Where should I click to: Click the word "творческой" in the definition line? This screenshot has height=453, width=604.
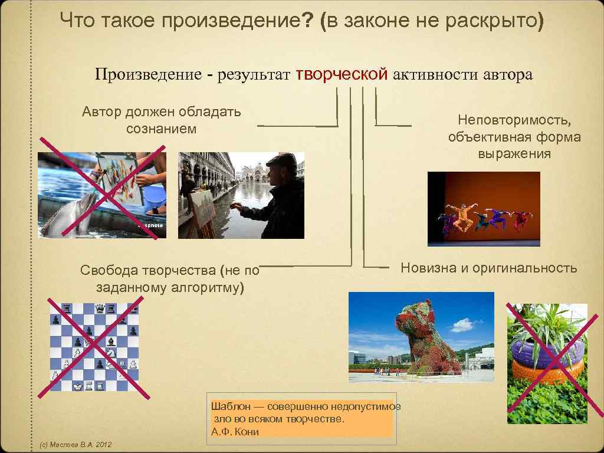pos(342,74)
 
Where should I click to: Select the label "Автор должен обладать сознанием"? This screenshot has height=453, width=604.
pos(161,120)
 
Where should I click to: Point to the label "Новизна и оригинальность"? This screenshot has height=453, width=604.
pos(489,268)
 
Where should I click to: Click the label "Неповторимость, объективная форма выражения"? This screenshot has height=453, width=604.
pos(514,137)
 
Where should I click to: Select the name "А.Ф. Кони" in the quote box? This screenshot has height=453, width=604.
pos(235,431)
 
